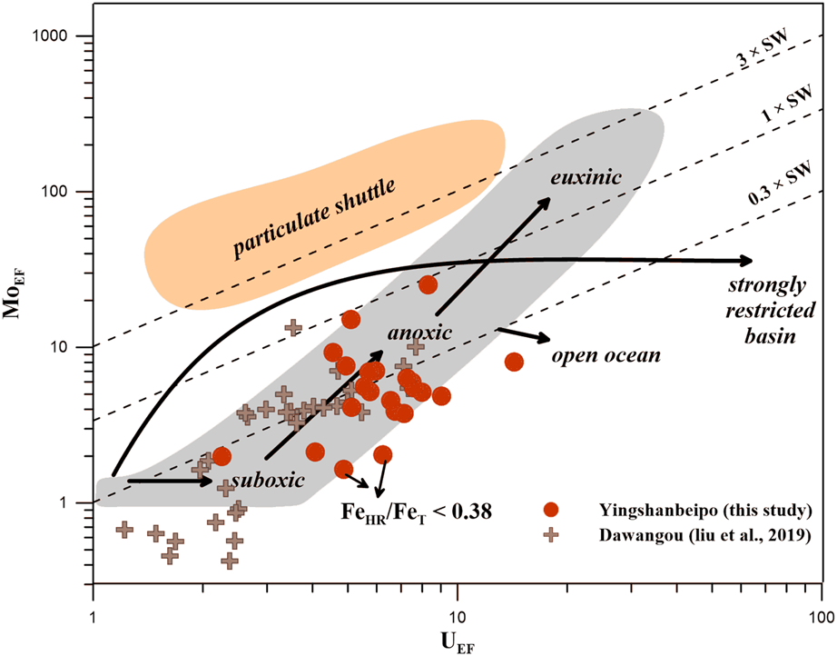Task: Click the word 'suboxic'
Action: pos(265,479)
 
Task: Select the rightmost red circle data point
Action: pos(514,362)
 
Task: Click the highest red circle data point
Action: pos(428,285)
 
